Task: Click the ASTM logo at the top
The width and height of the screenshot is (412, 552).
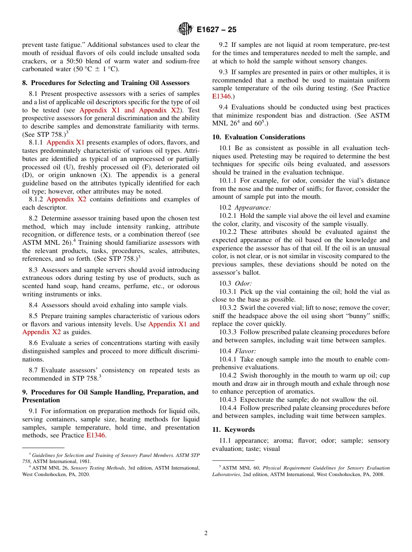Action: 185,30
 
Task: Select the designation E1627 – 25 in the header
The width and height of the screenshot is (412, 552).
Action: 216,30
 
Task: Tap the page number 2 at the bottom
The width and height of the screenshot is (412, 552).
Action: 206,533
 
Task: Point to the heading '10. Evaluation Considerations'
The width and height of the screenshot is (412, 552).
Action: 258,137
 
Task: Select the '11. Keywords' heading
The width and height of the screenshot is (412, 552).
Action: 233,430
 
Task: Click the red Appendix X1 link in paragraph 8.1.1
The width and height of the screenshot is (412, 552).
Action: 65,142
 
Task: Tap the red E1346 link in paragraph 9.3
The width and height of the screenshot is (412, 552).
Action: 221,96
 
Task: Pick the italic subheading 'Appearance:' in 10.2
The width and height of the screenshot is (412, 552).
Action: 253,207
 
